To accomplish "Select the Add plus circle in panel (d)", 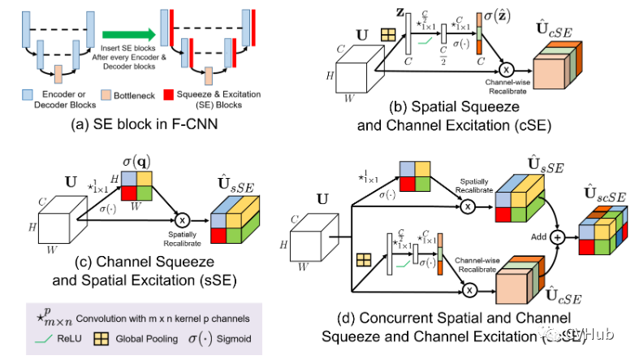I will [558, 237].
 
